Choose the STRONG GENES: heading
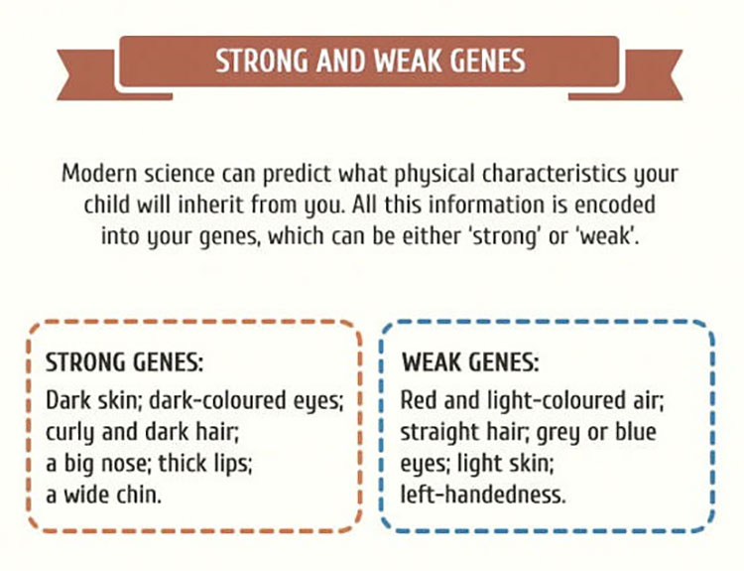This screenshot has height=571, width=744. click(124, 362)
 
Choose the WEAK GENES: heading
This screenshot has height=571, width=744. click(470, 362)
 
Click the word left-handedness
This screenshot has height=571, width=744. click(483, 495)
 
